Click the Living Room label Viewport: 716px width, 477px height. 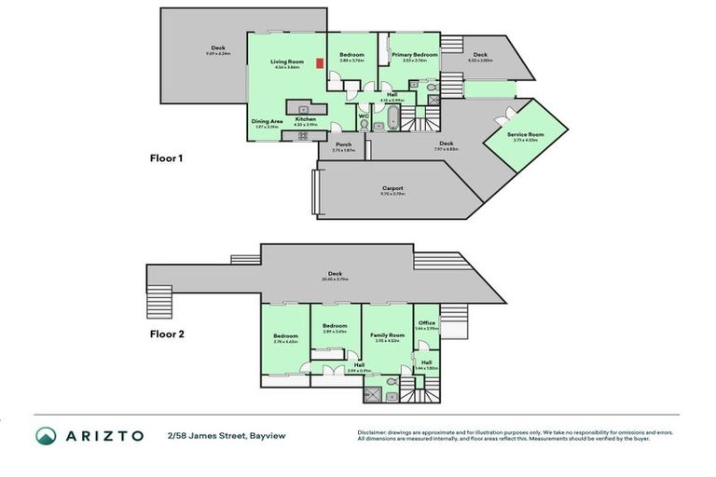coord(286,61)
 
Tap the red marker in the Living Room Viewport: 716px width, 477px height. coord(319,63)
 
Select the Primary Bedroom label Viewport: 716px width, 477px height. coord(414,55)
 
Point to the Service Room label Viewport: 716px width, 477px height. coord(525,135)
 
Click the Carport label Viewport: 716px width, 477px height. coord(392,188)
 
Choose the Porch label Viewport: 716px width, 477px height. coord(343,144)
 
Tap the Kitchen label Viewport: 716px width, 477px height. coord(306,119)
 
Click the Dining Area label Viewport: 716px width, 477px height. coord(267,121)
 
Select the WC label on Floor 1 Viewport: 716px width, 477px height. coord(364,116)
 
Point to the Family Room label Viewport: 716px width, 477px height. coord(386,334)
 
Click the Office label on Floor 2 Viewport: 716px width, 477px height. coord(426,323)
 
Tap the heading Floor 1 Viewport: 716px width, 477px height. coord(166,158)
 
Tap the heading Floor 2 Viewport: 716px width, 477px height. coord(166,333)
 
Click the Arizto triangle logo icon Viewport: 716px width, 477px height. coord(46,435)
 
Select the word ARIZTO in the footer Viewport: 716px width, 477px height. coord(103,435)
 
